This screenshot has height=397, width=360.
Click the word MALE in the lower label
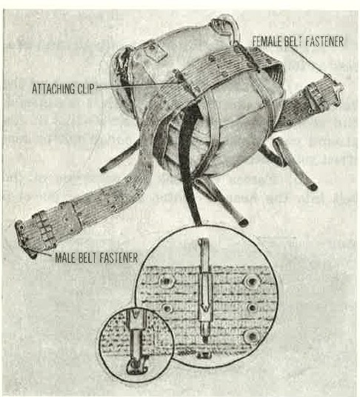[x=66, y=258]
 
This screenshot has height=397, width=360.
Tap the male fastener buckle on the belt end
[x=24, y=239]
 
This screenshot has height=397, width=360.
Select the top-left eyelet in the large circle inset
[x=167, y=281]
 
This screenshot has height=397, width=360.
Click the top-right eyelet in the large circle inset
[x=251, y=281]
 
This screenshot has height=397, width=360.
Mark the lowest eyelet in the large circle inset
[x=251, y=336]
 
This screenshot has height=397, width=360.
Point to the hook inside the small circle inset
[x=136, y=367]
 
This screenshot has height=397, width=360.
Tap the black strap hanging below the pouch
[x=190, y=164]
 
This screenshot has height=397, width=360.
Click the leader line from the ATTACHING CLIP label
[x=133, y=86]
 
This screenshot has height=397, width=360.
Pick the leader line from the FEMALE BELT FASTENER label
[x=310, y=62]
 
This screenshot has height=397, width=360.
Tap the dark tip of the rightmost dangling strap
[x=313, y=187]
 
